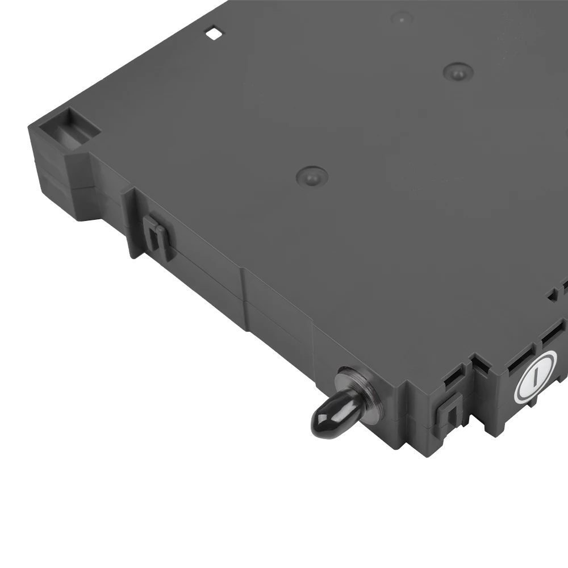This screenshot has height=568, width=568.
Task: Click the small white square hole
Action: click(215, 33)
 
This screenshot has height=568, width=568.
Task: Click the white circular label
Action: click(535, 375)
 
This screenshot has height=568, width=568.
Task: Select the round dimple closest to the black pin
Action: click(312, 176)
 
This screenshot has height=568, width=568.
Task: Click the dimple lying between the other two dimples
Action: click(458, 72)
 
